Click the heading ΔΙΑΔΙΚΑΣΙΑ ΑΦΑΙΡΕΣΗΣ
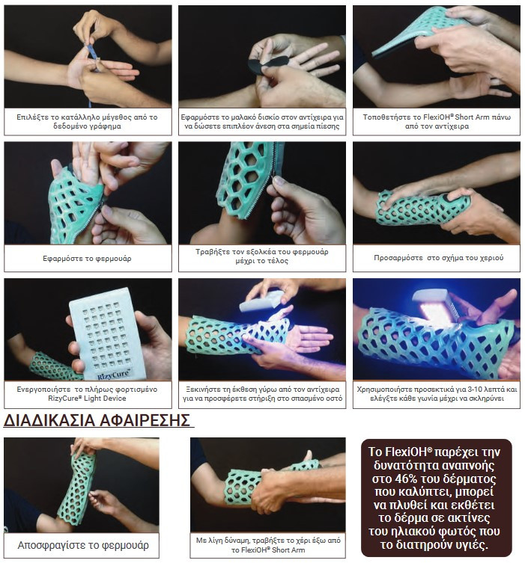point(97,420)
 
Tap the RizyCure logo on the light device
point(114,374)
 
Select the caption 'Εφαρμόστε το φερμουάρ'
point(87,259)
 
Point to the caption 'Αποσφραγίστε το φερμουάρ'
point(83,545)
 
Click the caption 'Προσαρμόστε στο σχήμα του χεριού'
point(438,257)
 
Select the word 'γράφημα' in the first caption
point(106,126)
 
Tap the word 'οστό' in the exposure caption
point(334,399)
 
